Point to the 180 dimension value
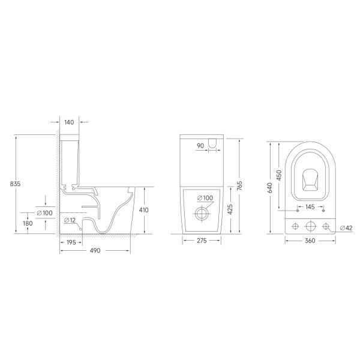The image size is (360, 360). [28, 223]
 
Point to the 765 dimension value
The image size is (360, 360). [239, 186]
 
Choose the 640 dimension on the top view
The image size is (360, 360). [271, 188]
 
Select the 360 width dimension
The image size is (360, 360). [310, 241]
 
